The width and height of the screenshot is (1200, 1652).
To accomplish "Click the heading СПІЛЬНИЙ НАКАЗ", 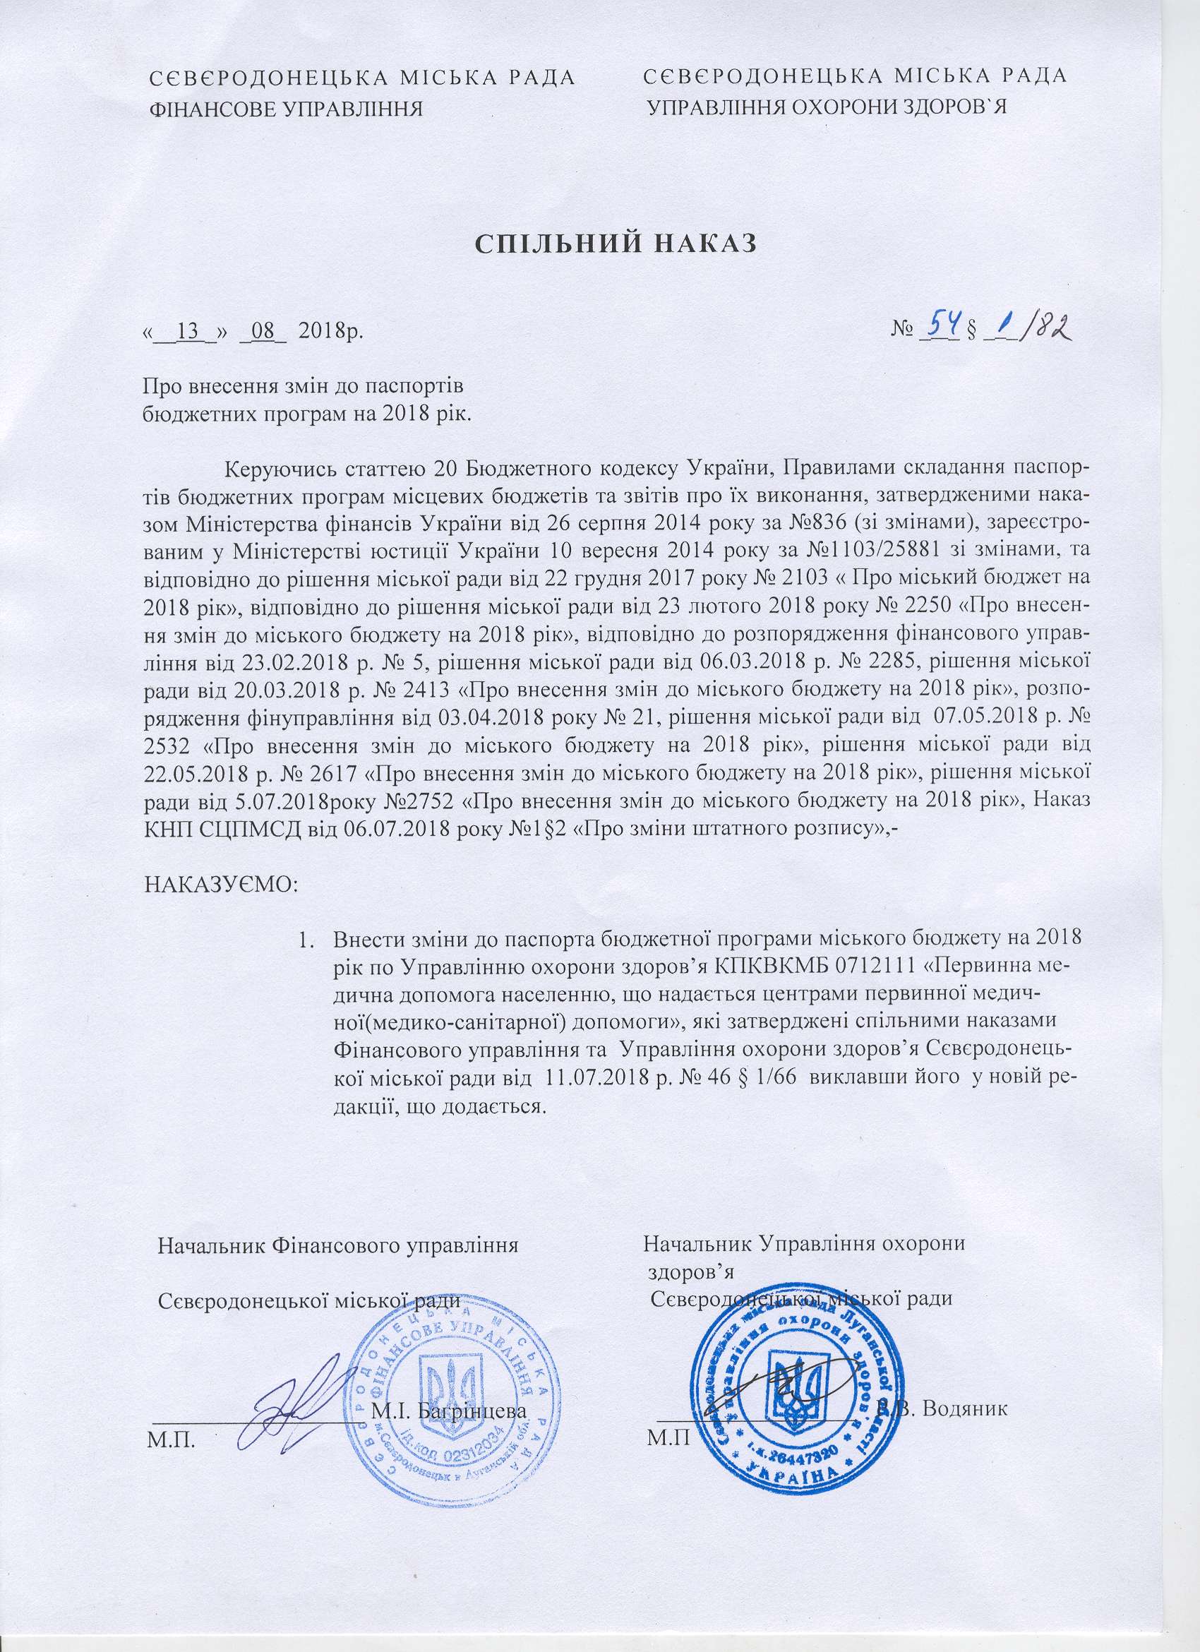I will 616,244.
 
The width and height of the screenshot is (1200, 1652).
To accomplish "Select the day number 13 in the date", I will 188,333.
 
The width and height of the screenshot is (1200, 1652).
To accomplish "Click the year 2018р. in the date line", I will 330,333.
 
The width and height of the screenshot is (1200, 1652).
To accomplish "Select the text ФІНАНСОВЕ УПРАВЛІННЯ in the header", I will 286,109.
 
